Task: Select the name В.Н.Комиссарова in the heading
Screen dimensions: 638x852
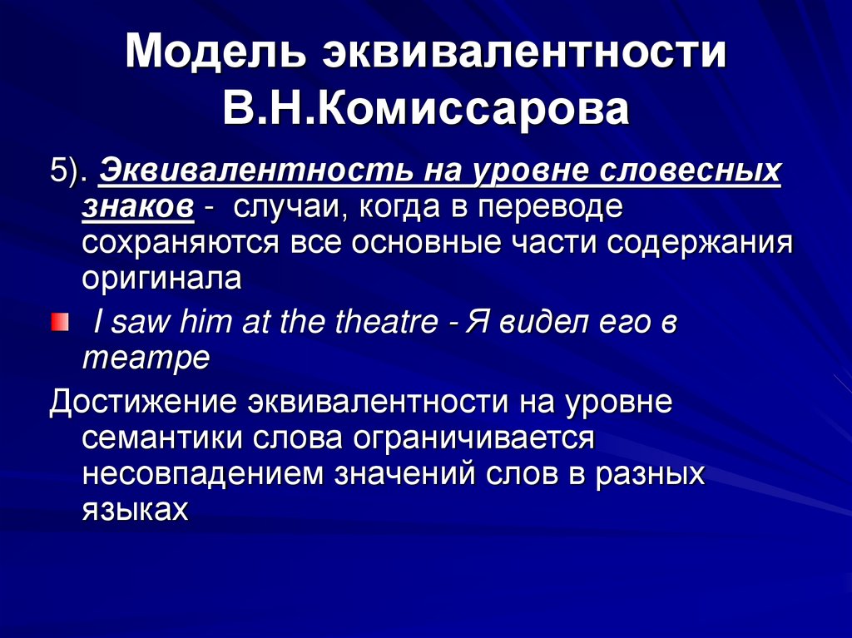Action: (x=426, y=110)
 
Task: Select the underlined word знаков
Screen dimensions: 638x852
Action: (x=138, y=207)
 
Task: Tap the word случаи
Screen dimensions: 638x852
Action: (x=283, y=207)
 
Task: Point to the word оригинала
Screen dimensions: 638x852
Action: (x=162, y=278)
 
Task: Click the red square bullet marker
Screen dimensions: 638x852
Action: (x=60, y=321)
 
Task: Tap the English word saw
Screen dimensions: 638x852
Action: (x=143, y=323)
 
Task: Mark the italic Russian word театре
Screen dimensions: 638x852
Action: (x=146, y=359)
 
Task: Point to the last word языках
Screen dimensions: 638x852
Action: (x=136, y=508)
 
